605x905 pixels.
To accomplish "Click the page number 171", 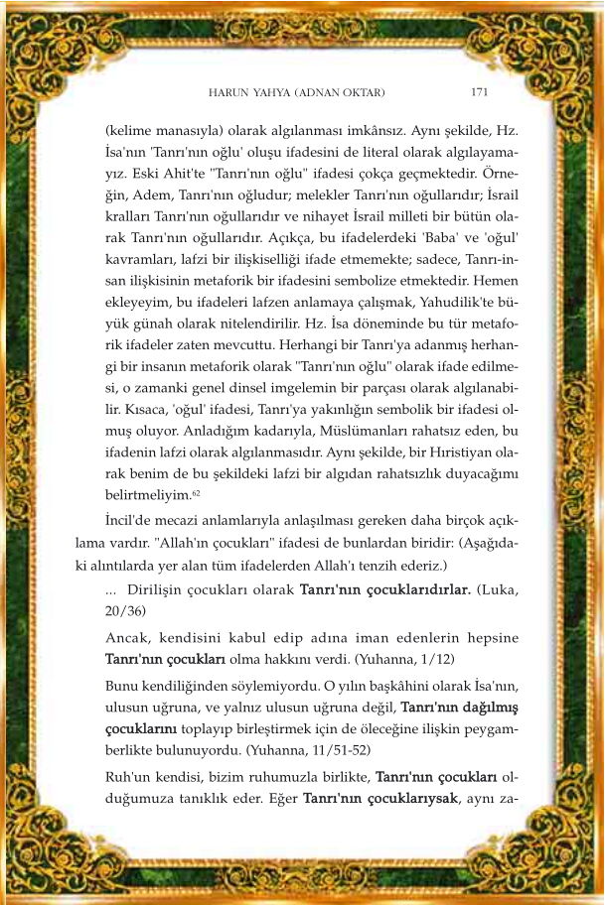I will point(478,91).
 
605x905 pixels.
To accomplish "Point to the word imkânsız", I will point(389,131).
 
